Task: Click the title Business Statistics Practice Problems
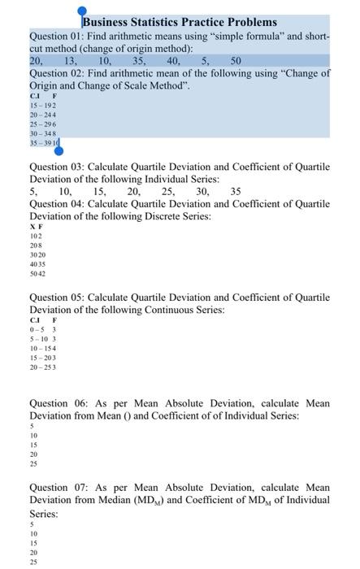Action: (x=180, y=22)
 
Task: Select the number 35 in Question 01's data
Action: (x=138, y=60)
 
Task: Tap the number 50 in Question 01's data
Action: (x=236, y=60)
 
